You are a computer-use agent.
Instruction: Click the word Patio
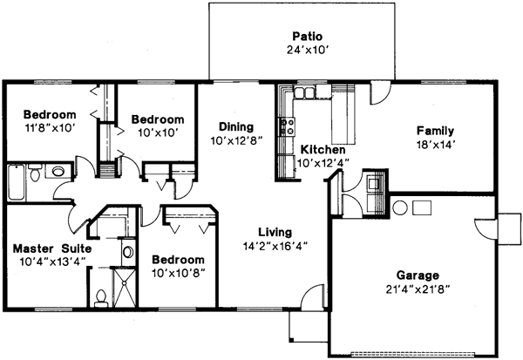click(305, 37)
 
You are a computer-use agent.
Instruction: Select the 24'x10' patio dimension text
click(305, 51)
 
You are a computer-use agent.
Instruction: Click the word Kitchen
click(323, 149)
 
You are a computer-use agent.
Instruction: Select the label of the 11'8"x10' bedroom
click(50, 114)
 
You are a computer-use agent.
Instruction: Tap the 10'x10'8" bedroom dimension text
click(178, 273)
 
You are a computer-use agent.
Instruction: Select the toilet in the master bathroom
click(102, 297)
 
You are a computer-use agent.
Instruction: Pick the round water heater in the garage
click(399, 207)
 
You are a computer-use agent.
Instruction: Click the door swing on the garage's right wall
click(485, 228)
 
